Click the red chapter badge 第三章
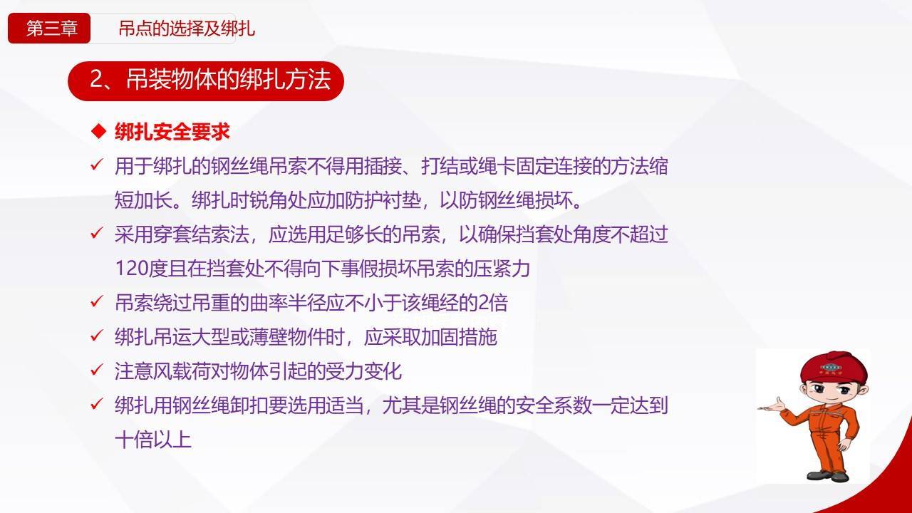click(49, 28)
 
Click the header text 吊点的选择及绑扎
click(187, 28)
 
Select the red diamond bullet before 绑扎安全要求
click(98, 132)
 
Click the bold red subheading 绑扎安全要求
click(172, 132)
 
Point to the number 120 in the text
click(131, 269)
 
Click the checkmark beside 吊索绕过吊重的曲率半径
click(97, 302)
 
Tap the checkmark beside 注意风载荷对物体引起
click(97, 370)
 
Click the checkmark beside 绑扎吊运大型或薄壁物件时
click(97, 336)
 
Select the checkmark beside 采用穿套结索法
click(97, 234)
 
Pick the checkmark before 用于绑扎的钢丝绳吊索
click(97, 165)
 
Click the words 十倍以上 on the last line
click(153, 440)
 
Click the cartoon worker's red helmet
click(834, 368)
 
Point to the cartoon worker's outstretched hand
click(772, 405)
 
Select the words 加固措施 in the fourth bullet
click(459, 337)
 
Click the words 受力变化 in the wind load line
click(363, 371)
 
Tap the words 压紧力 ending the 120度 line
click(502, 269)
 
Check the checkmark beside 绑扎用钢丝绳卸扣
click(97, 405)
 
